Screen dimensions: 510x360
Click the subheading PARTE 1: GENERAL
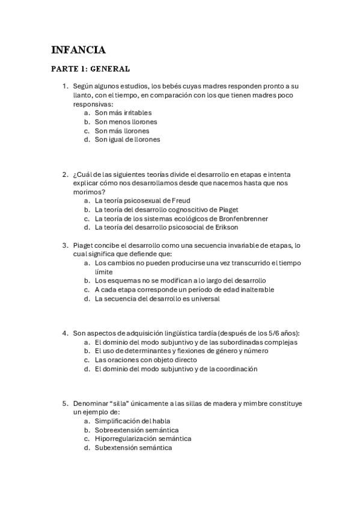(90, 69)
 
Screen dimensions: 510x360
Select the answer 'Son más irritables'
(123, 112)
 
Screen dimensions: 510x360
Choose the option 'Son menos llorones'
(126, 121)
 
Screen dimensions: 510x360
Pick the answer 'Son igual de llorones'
(127, 140)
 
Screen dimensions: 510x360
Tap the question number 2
(65, 174)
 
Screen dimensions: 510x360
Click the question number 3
(65, 245)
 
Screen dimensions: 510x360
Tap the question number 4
(65, 333)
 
